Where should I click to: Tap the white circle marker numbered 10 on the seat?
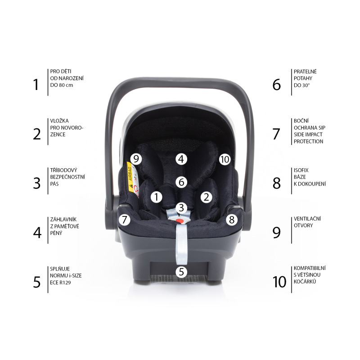point(225,159)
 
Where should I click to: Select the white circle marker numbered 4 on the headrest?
point(181,158)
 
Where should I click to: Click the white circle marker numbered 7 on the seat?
point(125,220)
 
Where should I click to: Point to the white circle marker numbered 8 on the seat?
point(231,220)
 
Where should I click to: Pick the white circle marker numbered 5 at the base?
point(181,271)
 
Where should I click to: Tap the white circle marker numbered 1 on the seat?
point(156,197)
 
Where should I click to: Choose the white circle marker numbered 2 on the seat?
point(206,197)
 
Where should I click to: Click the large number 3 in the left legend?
point(37,183)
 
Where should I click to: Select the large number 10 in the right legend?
point(279,282)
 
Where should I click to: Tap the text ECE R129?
point(63,283)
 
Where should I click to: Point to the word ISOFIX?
point(301,170)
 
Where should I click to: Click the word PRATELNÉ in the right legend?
point(305,71)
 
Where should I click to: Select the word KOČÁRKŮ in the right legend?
point(306,281)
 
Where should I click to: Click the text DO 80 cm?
point(62,85)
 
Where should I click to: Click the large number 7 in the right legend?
point(276,134)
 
